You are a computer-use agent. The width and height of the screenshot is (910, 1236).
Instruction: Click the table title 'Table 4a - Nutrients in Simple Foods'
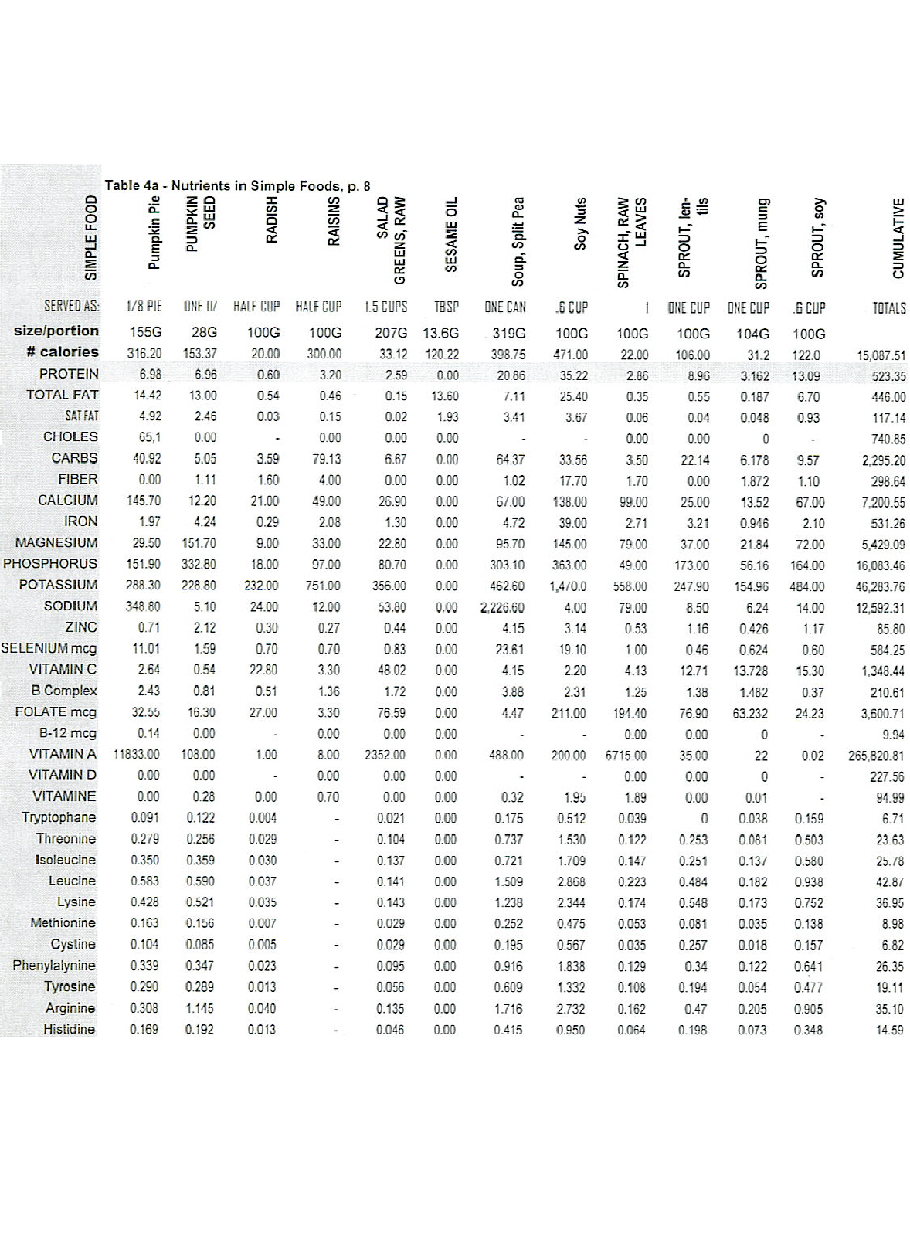point(237,185)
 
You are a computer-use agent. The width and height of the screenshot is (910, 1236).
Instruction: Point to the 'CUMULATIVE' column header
point(898,238)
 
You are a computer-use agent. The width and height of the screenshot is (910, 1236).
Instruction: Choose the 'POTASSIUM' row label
point(59,585)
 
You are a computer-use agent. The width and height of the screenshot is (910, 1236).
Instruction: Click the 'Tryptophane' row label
point(59,817)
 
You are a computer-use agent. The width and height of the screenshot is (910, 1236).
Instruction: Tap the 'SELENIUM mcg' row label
point(49,648)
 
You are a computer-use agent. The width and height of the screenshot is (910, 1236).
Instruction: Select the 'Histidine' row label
point(69,1029)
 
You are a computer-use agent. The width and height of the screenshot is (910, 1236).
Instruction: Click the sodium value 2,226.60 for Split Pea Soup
point(502,607)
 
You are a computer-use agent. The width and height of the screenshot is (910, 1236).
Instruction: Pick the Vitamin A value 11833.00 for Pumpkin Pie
point(137,754)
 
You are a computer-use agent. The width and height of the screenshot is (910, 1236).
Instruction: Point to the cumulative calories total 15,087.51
point(881,355)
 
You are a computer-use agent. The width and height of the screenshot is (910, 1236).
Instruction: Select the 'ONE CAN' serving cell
point(505,307)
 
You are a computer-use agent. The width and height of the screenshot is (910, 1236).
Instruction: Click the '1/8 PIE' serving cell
point(144,307)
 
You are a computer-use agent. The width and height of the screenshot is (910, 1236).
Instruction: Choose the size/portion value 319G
point(508,334)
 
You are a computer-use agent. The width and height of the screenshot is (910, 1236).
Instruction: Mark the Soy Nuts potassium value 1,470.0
point(568,586)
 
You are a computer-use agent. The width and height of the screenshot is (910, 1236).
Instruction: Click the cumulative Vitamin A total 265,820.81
point(876,756)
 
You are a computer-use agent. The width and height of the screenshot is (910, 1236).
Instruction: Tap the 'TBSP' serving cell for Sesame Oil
point(447,307)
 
